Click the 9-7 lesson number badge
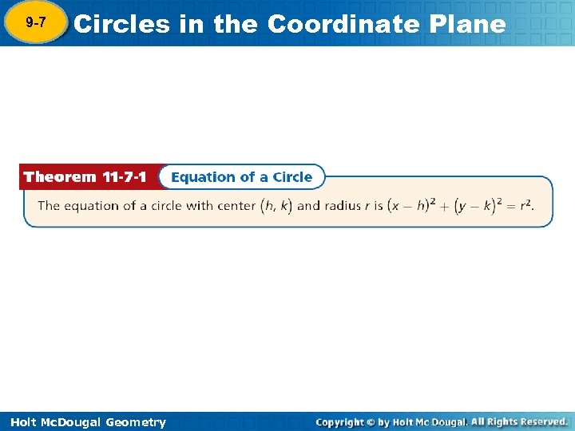34,23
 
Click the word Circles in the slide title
121,24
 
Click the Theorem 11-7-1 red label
85,177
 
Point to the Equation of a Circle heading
241,177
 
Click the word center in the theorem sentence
236,206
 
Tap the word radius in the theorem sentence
342,206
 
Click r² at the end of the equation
525,206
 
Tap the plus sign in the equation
446,206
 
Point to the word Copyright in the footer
339,422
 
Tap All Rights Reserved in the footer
518,422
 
